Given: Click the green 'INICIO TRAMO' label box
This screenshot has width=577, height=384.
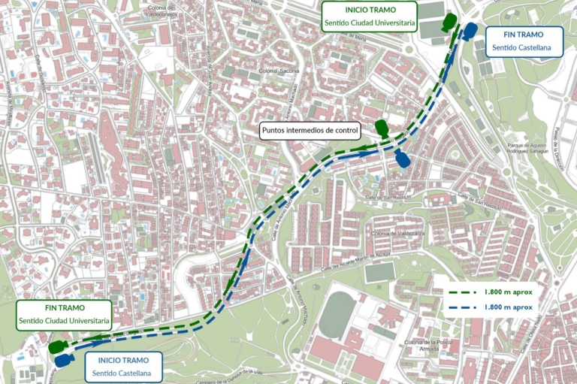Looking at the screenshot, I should pyautogui.click(x=369, y=17).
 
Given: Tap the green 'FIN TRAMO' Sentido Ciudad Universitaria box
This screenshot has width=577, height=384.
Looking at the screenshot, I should pyautogui.click(x=65, y=315).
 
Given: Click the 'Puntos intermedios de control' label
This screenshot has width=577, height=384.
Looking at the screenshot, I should pyautogui.click(x=310, y=131).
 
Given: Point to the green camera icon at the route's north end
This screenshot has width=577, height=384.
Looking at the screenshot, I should pyautogui.click(x=450, y=22).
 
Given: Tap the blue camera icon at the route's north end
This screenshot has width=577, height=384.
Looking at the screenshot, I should pyautogui.click(x=470, y=32).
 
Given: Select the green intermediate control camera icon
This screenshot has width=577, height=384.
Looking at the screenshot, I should pyautogui.click(x=382, y=129).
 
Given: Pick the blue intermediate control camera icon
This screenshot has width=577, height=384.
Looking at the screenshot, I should pyautogui.click(x=402, y=159).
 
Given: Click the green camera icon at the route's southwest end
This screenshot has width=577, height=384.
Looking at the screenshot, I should pyautogui.click(x=56, y=346).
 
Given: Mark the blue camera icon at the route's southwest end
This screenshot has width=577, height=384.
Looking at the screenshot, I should pyautogui.click(x=62, y=360).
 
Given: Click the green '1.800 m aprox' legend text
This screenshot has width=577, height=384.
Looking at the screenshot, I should pyautogui.click(x=509, y=291).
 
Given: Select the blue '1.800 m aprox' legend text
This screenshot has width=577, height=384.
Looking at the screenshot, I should pyautogui.click(x=509, y=307).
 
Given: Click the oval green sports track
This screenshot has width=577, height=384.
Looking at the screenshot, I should pyautogui.click(x=337, y=316).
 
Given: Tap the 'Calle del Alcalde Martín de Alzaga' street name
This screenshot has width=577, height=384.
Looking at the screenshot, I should pyautogui.click(x=357, y=262).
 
